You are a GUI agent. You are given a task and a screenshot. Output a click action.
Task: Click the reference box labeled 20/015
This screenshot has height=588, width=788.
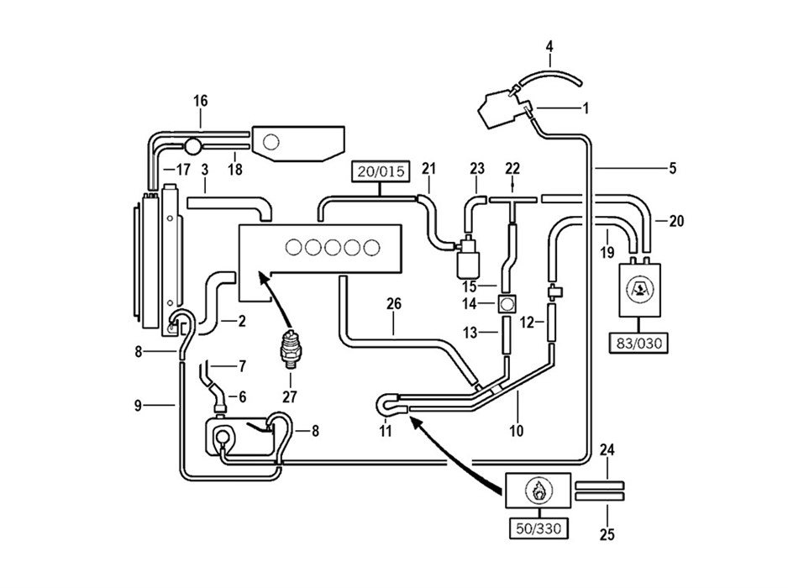coord(381,171)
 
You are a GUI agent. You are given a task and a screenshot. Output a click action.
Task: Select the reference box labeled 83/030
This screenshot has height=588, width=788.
coord(638,344)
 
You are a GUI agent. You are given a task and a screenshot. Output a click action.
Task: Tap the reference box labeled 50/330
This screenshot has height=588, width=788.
coord(538,528)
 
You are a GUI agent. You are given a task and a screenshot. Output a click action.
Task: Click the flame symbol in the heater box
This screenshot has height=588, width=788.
coord(538,491)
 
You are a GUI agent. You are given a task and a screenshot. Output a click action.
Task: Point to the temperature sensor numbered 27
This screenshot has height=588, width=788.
coord(290,347)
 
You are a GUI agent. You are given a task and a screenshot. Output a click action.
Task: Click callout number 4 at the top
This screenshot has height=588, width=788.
coord(549,47)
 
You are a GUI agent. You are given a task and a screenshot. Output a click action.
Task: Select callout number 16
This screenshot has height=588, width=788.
coord(200,101)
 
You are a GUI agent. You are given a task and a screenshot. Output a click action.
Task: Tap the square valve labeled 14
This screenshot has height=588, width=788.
coord(507,303)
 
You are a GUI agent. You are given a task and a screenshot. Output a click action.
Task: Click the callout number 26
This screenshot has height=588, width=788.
coord(394,303)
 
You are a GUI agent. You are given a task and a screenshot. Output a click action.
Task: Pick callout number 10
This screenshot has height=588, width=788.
coord(516,430)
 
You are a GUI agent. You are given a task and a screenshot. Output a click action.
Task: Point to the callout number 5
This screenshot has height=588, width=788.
coord(673,168)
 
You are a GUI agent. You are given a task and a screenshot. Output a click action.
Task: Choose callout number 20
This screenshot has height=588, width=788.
coord(676,221)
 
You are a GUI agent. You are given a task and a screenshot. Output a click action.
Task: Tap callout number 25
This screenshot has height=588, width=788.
coord(607,533)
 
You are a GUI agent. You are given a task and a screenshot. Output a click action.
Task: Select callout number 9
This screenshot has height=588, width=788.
coord(139,405)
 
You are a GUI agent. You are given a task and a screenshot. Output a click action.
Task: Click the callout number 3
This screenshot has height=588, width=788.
coord(204,169)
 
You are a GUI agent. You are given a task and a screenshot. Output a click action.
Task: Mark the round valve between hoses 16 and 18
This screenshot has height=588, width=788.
coord(192,146)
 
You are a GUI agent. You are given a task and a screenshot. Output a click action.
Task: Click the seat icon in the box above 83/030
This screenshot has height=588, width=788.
coord(638,290)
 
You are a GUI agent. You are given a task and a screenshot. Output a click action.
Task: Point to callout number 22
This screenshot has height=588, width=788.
coord(512,168)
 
